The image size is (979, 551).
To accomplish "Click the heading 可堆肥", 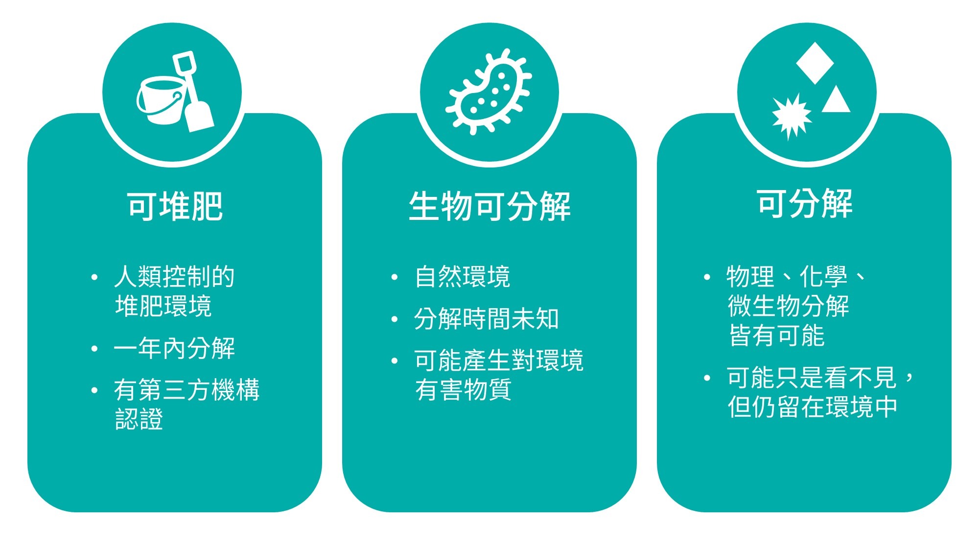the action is point(175,206).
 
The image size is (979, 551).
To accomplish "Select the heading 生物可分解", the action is point(489,206).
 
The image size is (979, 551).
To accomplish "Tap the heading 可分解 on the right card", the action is point(805,203).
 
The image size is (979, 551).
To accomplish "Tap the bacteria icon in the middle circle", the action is point(489,92).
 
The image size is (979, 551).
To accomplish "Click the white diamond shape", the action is point(815,63).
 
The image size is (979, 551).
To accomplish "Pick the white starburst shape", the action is point(792,117).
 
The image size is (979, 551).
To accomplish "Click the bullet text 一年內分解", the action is point(174,348).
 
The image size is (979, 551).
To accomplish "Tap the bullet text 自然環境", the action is point(462,277).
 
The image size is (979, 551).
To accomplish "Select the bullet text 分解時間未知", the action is point(487,319).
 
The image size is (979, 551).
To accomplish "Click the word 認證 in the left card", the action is point(139,419).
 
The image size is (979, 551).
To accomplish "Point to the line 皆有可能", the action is point(776,335).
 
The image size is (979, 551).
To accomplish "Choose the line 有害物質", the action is point(463,390).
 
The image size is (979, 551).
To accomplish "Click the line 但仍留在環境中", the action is point(813,407).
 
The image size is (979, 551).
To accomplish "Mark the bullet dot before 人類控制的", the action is point(94,277).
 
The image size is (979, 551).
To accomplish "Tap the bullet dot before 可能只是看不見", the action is point(706,378).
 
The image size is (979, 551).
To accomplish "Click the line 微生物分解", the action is point(788,306).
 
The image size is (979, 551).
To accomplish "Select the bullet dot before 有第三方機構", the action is point(94,390).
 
